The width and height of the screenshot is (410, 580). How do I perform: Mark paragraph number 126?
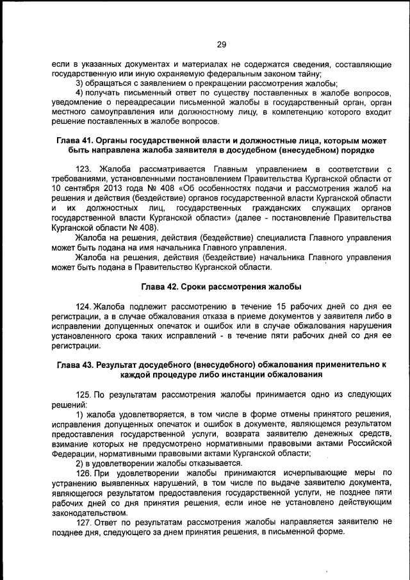pos(84,473)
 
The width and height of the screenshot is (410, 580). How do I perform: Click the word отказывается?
pos(197,463)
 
